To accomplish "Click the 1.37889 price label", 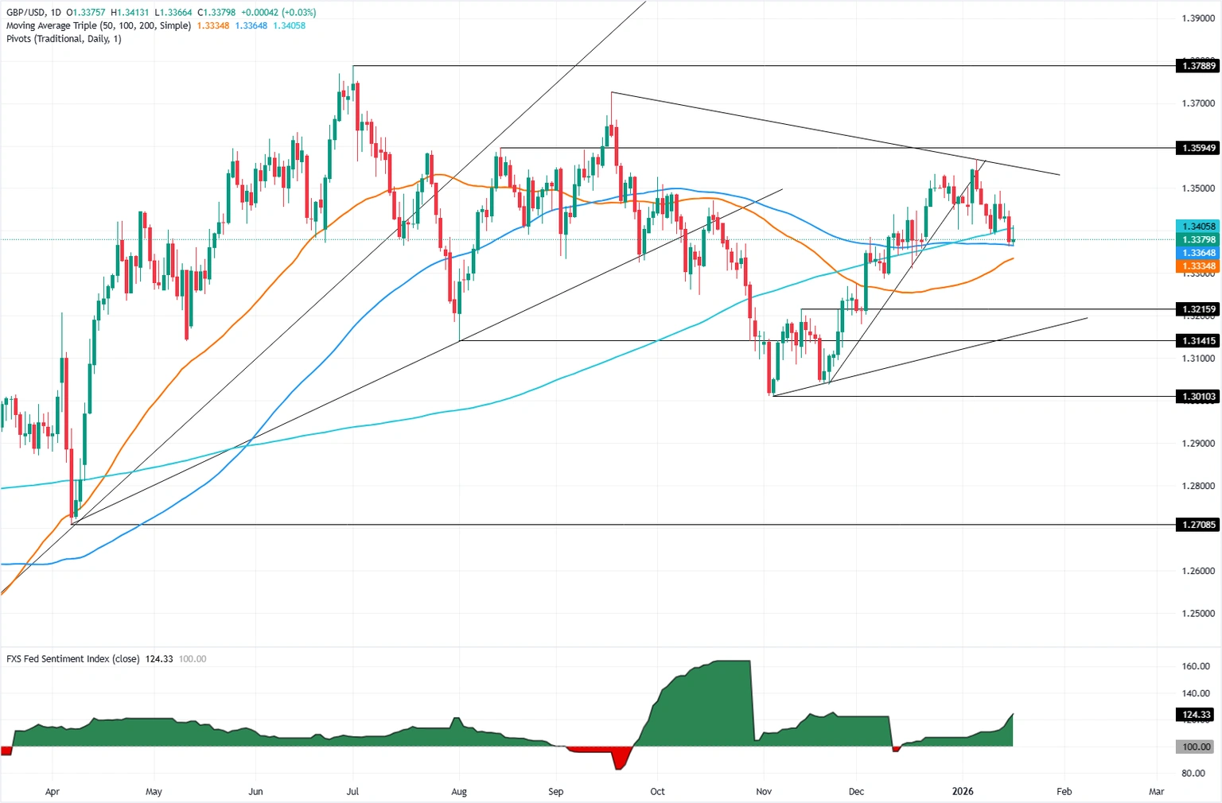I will click(x=1197, y=66).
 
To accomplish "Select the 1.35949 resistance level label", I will click(x=1197, y=148).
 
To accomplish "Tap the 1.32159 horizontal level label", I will click(x=1197, y=308).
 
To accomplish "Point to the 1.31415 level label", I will click(x=1197, y=340).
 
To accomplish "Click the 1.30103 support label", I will click(x=1197, y=396).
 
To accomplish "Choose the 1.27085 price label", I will click(x=1197, y=525).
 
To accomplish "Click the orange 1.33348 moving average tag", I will click(x=1197, y=266).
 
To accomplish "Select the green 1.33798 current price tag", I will click(x=1197, y=239).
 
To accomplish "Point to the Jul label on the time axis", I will click(x=352, y=791).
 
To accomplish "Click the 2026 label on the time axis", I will click(x=963, y=791).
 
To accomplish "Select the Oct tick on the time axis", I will click(x=657, y=791).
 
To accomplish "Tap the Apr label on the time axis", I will click(x=53, y=791).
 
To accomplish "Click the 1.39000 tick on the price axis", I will click(x=1197, y=18).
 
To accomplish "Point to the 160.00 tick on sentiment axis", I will click(x=1196, y=666).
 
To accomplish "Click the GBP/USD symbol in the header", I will click(x=26, y=13).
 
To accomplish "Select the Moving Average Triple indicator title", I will click(x=99, y=25).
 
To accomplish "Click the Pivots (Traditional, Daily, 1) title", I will click(x=64, y=38).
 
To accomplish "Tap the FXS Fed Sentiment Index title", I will click(x=73, y=659).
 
